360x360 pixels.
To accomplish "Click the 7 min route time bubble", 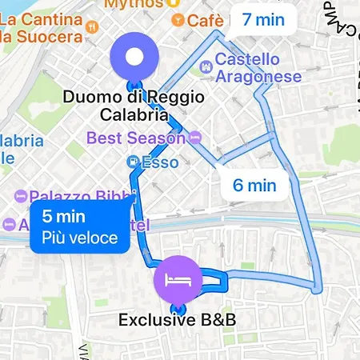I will pos(258,20).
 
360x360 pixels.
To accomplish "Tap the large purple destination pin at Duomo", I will pos(135,58).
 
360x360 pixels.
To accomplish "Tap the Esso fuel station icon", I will pos(133,162).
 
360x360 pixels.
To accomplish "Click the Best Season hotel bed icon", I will pos(196,138).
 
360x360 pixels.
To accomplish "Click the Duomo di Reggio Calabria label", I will pos(134,106).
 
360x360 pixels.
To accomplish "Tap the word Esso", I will pos(159,162).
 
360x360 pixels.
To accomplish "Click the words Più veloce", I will pos(79,238).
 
